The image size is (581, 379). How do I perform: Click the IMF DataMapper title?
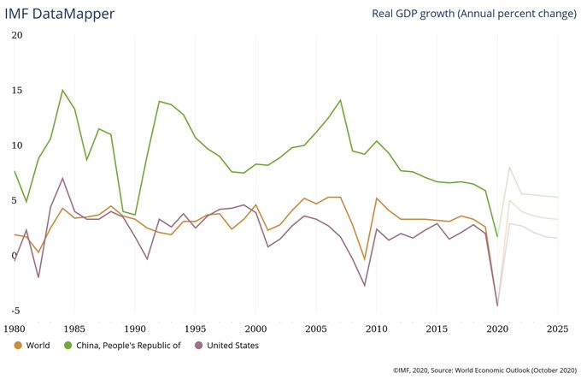pos(60,15)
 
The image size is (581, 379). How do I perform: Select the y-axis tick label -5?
pos(15,311)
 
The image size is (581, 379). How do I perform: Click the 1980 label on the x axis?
pos(15,328)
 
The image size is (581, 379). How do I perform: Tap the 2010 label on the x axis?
pos(376,328)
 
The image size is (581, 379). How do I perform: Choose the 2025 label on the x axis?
pos(556,328)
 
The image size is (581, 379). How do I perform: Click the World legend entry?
pos(38,346)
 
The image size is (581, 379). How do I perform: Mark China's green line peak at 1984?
pos(62,90)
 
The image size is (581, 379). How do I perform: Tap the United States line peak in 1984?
pos(62,178)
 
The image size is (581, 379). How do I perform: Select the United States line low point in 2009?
pos(365,286)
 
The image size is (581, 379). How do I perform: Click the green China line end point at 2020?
pos(497,235)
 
